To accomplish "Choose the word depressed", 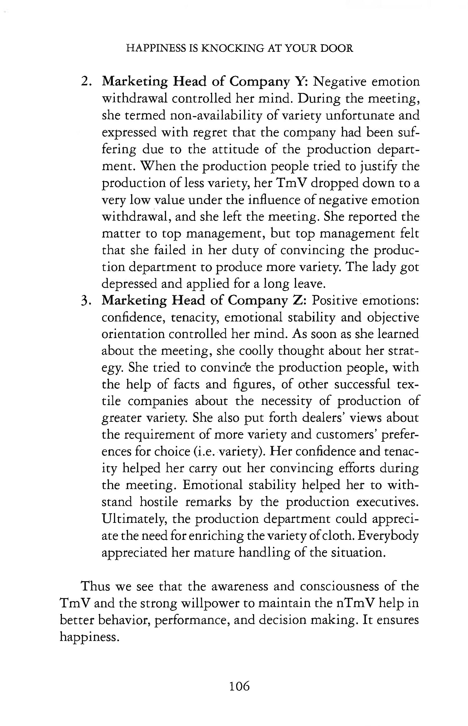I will click(x=129, y=284).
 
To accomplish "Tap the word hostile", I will click(x=159, y=501).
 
